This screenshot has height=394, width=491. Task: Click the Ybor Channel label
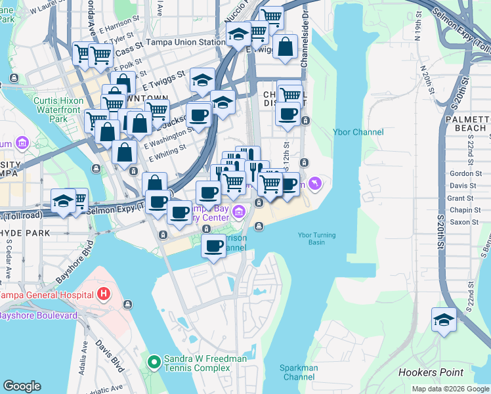[x=359, y=132]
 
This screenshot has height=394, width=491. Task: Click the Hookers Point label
[x=431, y=372]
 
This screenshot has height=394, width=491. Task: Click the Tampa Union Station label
[x=186, y=42]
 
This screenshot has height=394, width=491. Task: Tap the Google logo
[x=22, y=386]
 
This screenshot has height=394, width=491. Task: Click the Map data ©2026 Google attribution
[x=450, y=389]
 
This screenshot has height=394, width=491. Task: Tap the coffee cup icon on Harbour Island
[x=213, y=247]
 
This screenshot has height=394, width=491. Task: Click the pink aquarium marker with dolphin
[x=315, y=183]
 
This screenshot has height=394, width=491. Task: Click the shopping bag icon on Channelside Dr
[x=286, y=47]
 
